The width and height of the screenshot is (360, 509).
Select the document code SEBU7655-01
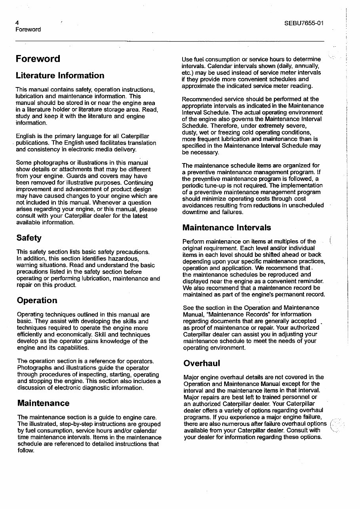pos(304,23)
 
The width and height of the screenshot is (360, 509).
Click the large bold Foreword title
pos(38,59)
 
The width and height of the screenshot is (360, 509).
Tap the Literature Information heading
pos(60,75)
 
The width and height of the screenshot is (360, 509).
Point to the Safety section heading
pos(29,238)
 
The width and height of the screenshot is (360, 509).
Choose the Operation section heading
pos(37,300)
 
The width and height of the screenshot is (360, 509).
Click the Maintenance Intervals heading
pos(227,227)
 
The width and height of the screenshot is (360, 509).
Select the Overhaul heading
pos(202,363)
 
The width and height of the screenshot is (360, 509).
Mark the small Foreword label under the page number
pos(28,30)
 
